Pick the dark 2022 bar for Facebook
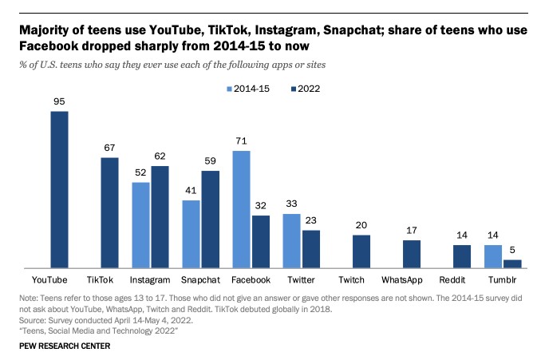click(261, 240)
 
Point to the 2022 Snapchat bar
click(211, 218)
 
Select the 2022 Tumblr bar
click(514, 263)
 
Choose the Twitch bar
click(361, 251)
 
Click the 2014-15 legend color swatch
click(231, 89)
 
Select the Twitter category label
click(300, 280)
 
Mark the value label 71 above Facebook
click(242, 141)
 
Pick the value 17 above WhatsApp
click(412, 231)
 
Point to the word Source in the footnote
click(34, 317)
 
